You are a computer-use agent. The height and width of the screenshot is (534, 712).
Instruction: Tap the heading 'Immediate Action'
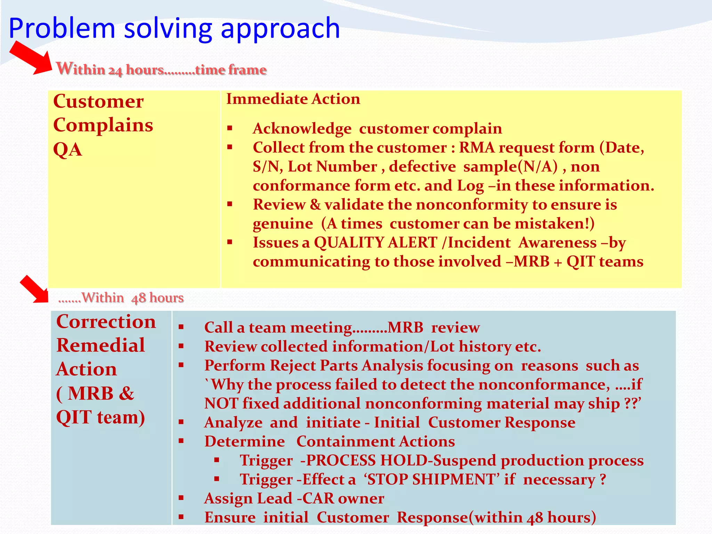pos(293,99)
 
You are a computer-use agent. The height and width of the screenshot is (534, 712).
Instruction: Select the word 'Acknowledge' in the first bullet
pos(302,129)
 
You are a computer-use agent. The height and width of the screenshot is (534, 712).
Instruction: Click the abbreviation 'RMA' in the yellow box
pos(477,148)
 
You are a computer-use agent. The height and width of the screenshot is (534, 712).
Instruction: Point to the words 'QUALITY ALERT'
pos(375,243)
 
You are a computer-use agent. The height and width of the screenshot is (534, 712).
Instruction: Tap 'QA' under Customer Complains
pos(68,150)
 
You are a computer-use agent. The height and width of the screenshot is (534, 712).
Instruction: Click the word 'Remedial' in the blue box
pos(101,346)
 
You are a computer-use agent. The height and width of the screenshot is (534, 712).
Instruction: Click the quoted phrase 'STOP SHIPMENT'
pos(431,480)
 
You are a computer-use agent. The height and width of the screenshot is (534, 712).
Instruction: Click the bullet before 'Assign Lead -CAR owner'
pos(181,498)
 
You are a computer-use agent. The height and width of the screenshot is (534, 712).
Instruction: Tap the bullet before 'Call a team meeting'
pos(181,327)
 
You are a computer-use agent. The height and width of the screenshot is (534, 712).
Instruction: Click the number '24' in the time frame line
pos(115,71)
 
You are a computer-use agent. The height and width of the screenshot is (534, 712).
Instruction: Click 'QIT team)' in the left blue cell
pos(100,418)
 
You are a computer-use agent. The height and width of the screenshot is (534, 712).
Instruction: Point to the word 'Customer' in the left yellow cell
pos(98,102)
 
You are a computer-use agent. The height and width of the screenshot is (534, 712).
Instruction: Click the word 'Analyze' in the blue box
pos(233,423)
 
